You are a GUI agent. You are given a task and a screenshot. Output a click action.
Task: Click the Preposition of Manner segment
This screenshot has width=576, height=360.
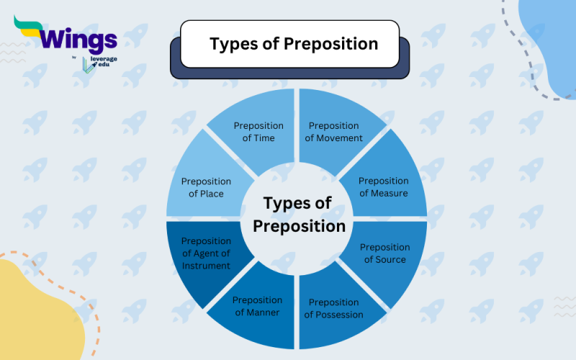click(256, 307)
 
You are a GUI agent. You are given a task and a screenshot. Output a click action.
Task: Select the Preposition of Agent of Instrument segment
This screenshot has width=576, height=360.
click(205, 253)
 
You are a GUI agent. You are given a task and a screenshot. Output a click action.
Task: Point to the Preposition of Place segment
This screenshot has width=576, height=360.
click(205, 187)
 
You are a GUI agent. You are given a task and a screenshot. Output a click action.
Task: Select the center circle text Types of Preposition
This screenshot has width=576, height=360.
click(297, 215)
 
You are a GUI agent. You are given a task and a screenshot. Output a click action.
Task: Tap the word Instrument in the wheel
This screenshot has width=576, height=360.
click(206, 266)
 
